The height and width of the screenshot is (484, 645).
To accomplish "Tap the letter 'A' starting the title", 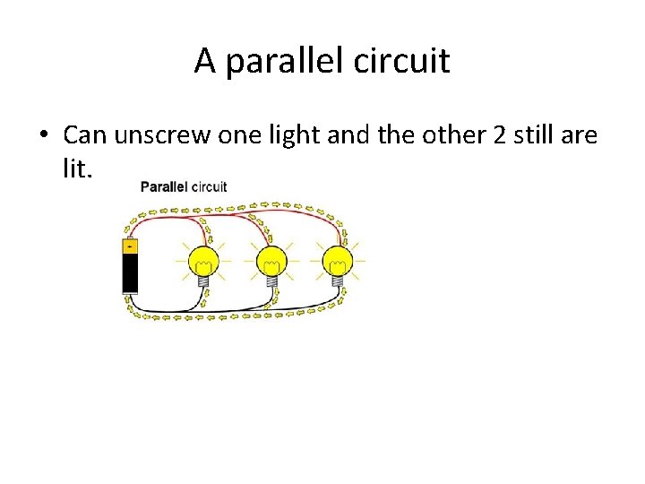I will [x=205, y=62].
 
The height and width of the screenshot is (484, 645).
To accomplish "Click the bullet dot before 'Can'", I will [x=43, y=136].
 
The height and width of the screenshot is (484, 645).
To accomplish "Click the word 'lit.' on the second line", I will [x=77, y=169].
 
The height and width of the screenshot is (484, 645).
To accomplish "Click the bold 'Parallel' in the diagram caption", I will [x=163, y=187].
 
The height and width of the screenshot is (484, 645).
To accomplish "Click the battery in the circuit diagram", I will [x=131, y=265].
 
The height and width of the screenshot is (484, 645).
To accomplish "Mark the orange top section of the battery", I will [x=131, y=246].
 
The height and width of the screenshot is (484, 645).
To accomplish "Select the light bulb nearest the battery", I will [x=204, y=261].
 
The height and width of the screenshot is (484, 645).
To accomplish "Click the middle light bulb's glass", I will [x=271, y=261].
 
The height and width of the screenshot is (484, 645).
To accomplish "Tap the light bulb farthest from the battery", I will [x=338, y=261].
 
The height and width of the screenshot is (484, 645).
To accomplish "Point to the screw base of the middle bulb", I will [x=271, y=281].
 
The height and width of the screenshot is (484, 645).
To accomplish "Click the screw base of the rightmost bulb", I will [x=339, y=281].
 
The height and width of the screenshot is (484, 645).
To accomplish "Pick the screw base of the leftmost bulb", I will [x=204, y=281].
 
